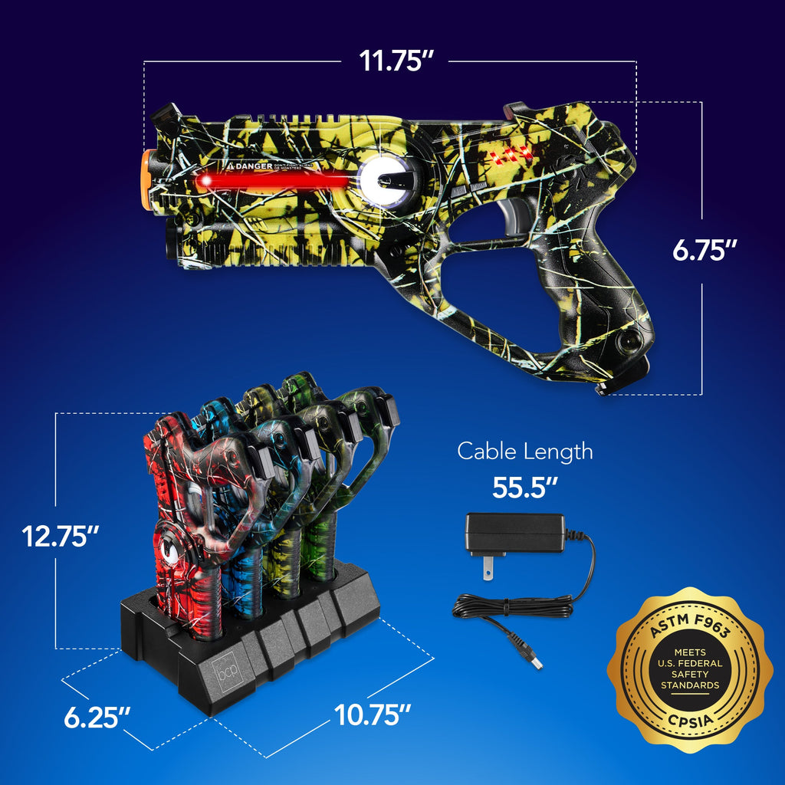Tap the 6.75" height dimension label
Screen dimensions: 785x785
pos(705,250)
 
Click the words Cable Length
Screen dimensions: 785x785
pos(525,452)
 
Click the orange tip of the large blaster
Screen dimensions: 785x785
pos(145,176)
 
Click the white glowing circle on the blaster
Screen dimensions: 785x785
pos(383,181)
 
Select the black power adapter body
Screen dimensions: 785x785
pos(514,533)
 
